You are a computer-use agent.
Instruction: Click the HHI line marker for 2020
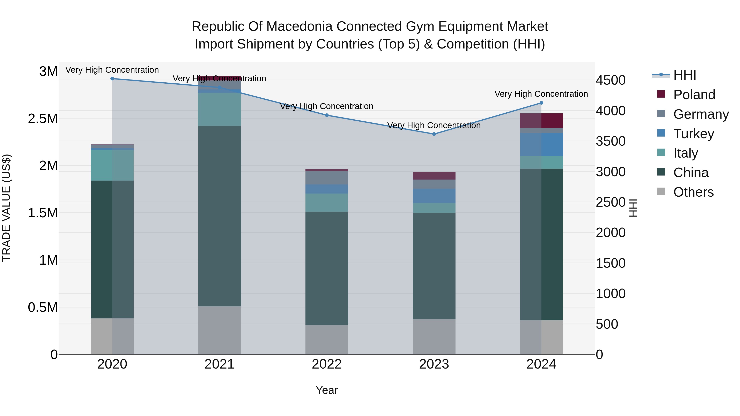(x=112, y=79)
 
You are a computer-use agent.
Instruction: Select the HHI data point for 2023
(x=434, y=134)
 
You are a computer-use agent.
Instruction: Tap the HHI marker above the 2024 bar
(x=541, y=103)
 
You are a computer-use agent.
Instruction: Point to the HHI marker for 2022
(x=327, y=115)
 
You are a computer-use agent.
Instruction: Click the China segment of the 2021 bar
(x=220, y=215)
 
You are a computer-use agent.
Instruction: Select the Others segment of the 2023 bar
(x=434, y=336)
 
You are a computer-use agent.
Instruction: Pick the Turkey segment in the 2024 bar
(x=541, y=144)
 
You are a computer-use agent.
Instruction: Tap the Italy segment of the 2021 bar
(x=220, y=109)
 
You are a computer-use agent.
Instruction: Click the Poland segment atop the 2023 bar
(x=434, y=176)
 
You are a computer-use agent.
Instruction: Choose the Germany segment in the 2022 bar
(x=327, y=178)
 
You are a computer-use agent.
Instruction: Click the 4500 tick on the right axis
(x=610, y=80)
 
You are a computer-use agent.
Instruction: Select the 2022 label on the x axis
(x=327, y=364)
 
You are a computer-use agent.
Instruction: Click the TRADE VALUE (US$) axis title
(x=6, y=208)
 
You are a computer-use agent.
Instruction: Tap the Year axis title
(x=327, y=390)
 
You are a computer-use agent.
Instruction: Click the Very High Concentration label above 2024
(x=541, y=94)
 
